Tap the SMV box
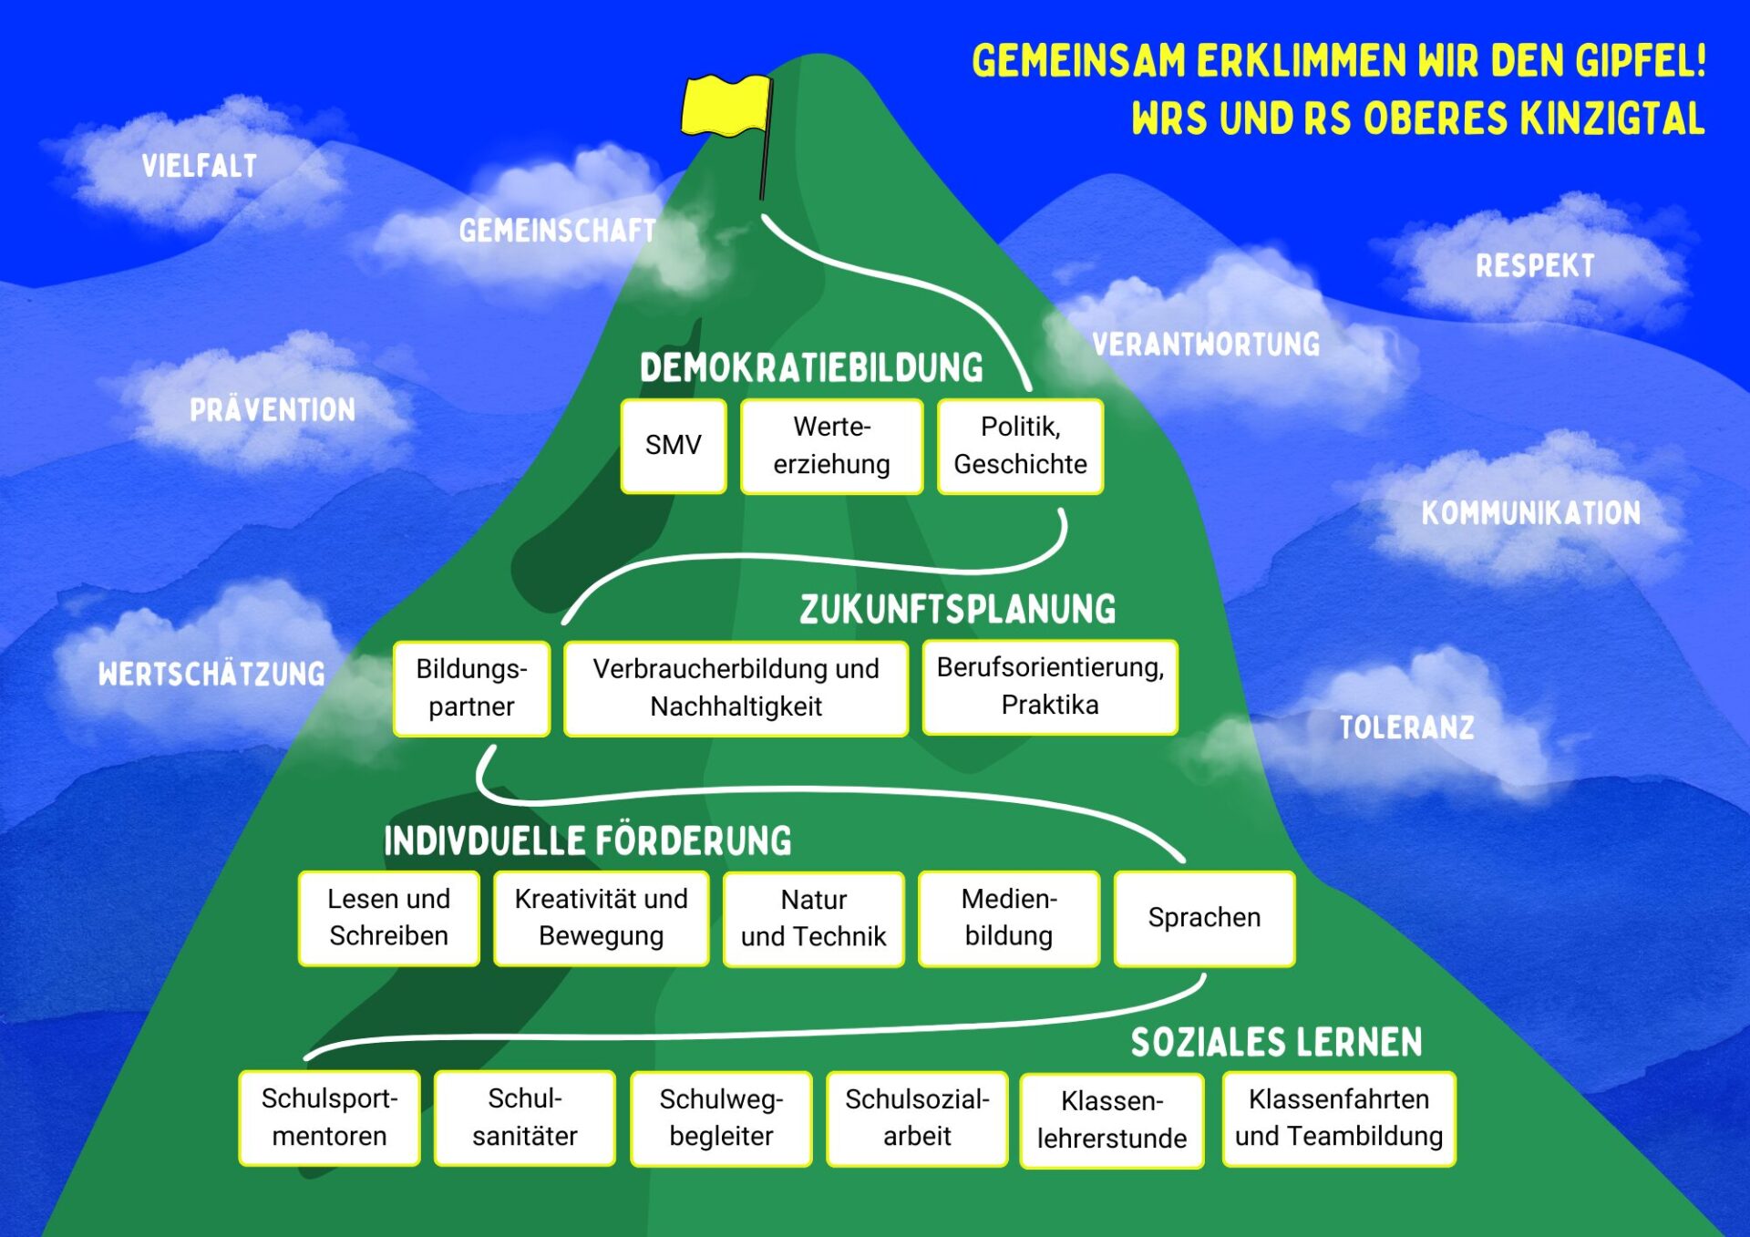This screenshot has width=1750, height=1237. [x=674, y=446]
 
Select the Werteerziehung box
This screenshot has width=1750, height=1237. [x=831, y=446]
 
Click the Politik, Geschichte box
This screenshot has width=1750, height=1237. [x=1020, y=446]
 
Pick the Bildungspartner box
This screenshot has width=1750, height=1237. [x=471, y=688]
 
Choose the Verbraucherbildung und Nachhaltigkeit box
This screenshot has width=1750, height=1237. [x=736, y=688]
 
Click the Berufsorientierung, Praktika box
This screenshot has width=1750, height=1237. [x=1050, y=686]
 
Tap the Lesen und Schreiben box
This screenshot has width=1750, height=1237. [x=389, y=918]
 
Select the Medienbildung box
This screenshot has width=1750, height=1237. [x=1009, y=918]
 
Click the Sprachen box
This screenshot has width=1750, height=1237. [x=1204, y=918]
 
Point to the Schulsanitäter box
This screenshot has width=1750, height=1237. [x=525, y=1118]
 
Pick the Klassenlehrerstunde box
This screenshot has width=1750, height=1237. [x=1112, y=1120]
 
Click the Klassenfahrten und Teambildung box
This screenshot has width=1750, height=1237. [x=1338, y=1118]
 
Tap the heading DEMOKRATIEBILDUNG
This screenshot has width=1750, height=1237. [x=811, y=368]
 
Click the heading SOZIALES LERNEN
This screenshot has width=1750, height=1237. [x=1276, y=1043]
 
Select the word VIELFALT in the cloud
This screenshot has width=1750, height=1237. [x=200, y=166]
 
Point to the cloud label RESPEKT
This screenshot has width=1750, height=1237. [x=1535, y=266]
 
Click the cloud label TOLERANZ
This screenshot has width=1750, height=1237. [x=1406, y=727]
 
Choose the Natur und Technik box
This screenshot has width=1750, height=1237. [x=813, y=919]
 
